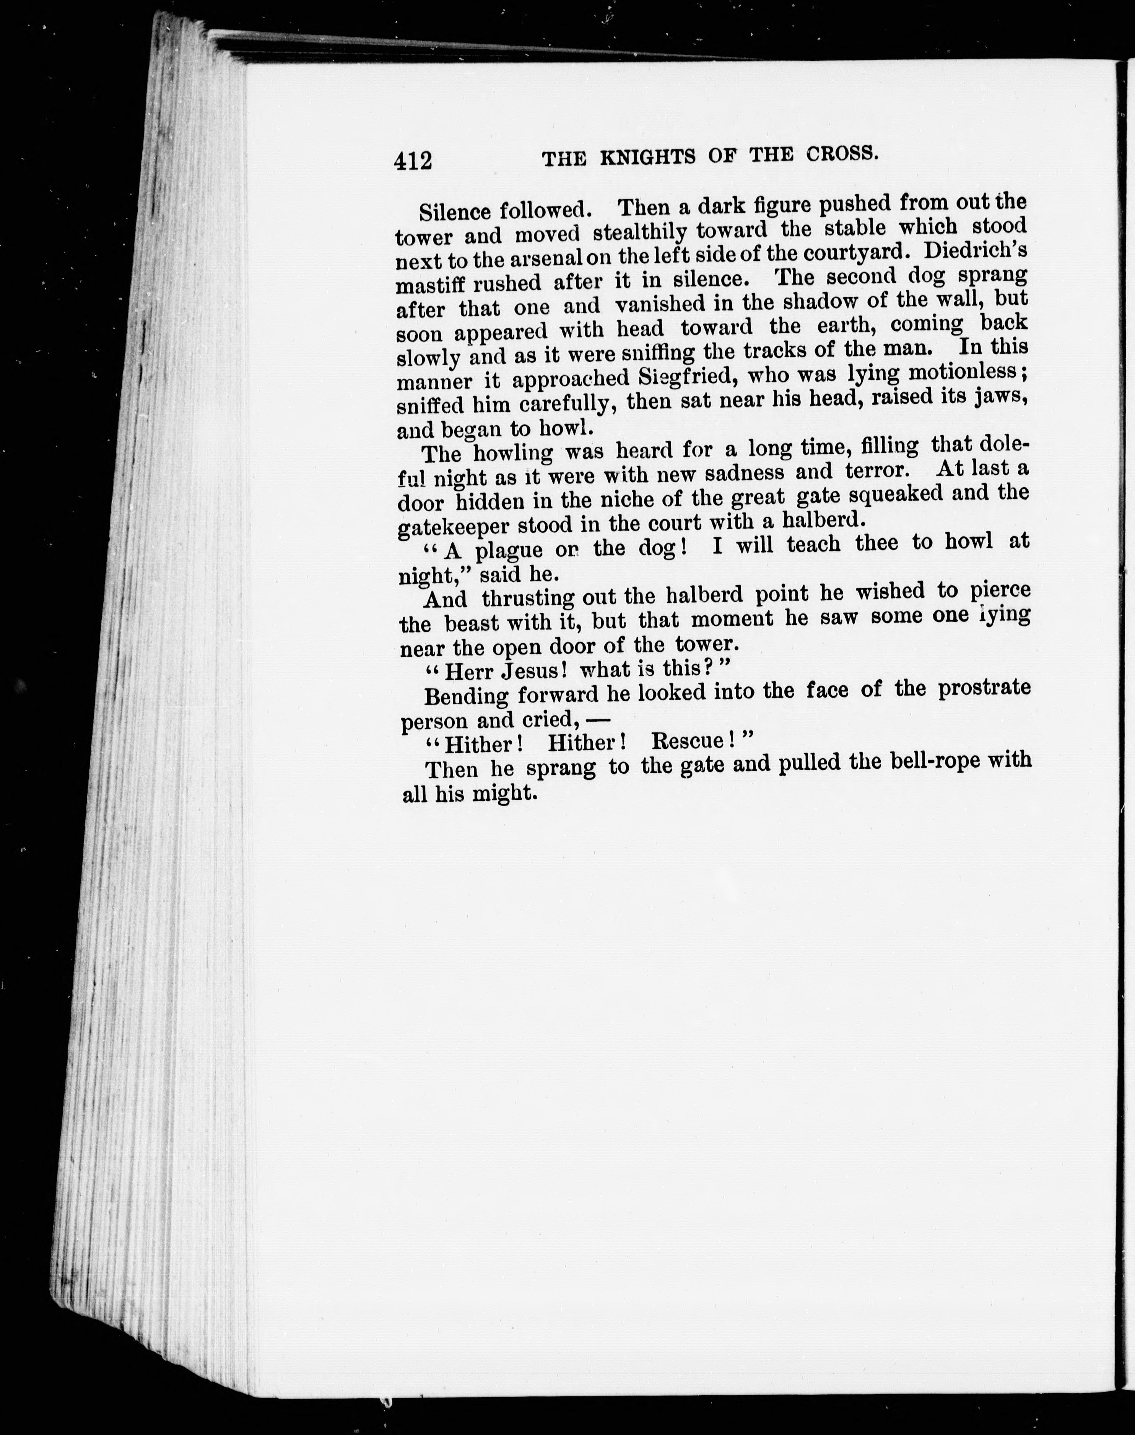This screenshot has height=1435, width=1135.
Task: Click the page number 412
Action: pos(413,160)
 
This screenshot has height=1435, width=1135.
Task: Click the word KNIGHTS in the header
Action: pos(648,157)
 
